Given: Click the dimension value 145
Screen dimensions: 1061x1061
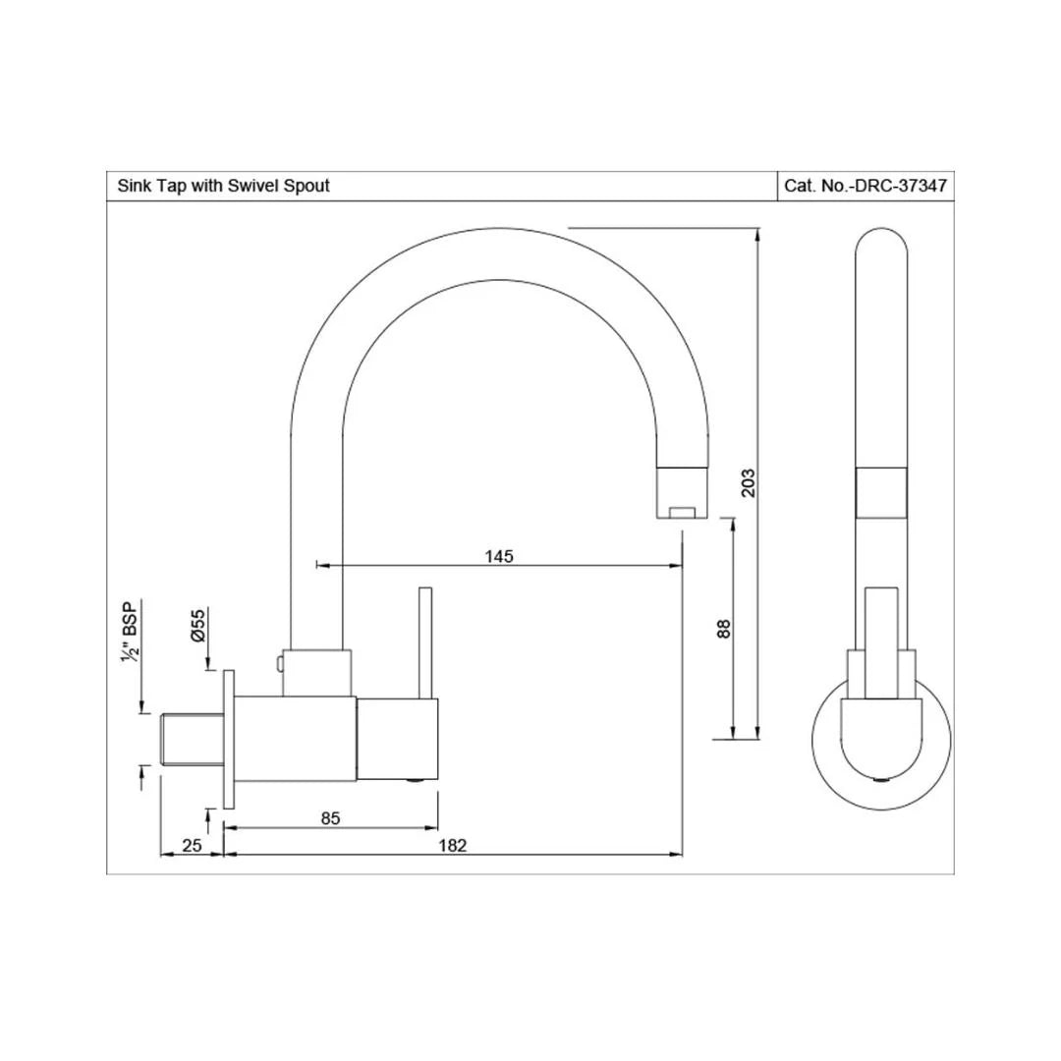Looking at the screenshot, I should (x=499, y=556).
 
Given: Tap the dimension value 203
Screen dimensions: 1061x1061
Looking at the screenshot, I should (x=749, y=481).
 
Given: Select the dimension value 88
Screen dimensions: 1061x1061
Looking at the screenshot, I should (x=724, y=629).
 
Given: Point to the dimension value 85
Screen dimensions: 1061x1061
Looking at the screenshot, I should (x=330, y=818).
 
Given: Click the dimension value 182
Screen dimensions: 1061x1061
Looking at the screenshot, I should (x=453, y=845).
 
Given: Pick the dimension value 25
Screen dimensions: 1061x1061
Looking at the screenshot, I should (x=192, y=845).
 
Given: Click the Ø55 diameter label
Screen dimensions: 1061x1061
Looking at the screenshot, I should (x=198, y=625).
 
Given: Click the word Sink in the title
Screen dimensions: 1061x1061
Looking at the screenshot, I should (x=134, y=185).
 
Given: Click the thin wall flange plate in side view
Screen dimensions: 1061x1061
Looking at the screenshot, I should (x=230, y=740).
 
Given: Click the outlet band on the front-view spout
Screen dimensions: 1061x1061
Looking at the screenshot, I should (x=881, y=491).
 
